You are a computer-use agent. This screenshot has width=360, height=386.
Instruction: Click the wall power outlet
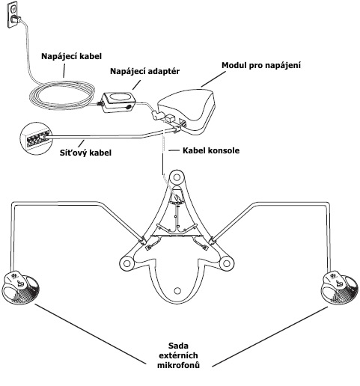[x=13, y=15]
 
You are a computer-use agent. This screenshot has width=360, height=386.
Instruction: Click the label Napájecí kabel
[x=71, y=56]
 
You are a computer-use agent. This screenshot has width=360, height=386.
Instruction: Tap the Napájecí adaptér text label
[x=144, y=71]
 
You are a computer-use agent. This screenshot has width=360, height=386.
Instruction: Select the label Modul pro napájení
[x=261, y=65]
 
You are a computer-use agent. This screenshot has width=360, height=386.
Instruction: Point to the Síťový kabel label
[x=85, y=153]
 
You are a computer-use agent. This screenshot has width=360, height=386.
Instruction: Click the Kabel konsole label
[x=211, y=150]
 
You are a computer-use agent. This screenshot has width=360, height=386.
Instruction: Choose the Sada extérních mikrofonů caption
[x=178, y=355]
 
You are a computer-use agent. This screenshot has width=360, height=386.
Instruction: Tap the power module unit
[x=186, y=110]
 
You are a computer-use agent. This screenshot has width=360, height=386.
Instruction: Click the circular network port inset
[x=35, y=138]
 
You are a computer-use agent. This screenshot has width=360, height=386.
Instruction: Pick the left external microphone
[x=21, y=288]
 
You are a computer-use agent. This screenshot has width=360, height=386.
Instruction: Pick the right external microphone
[x=339, y=289]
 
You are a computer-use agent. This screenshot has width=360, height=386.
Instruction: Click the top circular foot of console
[x=177, y=177]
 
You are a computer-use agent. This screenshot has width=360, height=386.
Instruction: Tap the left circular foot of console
[x=126, y=263]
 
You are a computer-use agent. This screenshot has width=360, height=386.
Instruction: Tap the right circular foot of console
[x=226, y=263]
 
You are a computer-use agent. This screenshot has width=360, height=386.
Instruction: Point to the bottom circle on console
[x=177, y=290]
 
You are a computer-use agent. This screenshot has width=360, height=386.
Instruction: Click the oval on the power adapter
[x=119, y=98]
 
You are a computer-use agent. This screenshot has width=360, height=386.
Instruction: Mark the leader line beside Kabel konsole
[x=174, y=150]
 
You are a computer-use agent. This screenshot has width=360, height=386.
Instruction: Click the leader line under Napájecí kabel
[x=64, y=70]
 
